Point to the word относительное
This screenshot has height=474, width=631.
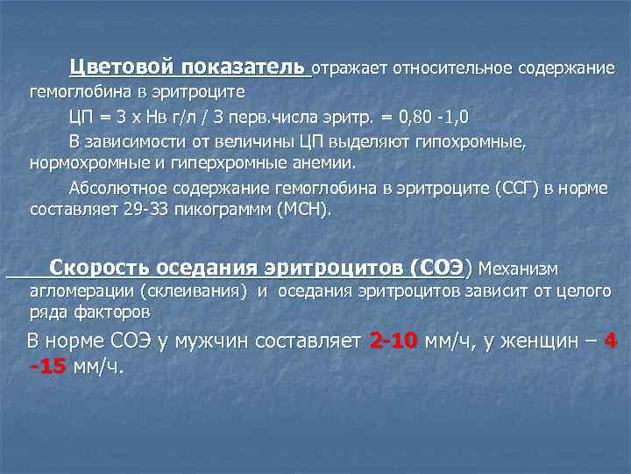(441, 68)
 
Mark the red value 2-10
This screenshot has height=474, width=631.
(394, 341)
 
